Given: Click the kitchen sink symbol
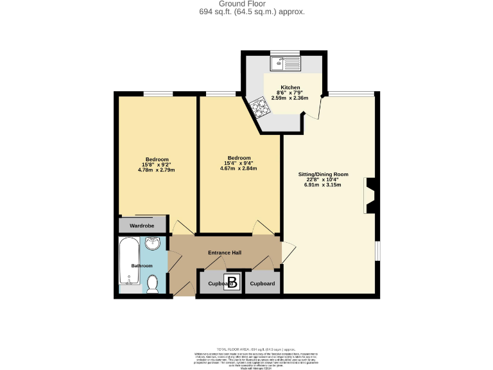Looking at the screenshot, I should point(285,64).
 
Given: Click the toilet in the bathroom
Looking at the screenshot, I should point(153,283).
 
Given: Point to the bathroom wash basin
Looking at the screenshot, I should point(153,244).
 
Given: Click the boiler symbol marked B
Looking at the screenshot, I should point(232,283).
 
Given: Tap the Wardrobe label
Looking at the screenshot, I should point(142,225).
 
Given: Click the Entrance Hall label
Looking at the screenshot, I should point(225,252).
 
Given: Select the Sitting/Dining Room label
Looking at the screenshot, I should point(323,174).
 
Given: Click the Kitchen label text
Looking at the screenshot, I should point(290,87).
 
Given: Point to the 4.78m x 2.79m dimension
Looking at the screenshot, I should point(157,170).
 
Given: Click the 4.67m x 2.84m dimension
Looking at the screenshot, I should point(238,169).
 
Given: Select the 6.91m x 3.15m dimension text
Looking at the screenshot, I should point(323,185).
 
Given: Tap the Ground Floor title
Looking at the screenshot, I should point(247,4).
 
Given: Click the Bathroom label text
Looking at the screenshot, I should point(142,265).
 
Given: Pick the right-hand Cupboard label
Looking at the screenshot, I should point(262,283).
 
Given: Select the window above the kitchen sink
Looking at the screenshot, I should point(284,53).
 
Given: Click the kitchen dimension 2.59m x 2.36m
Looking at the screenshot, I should point(290,98).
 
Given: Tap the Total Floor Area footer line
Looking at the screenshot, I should point(247,348).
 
